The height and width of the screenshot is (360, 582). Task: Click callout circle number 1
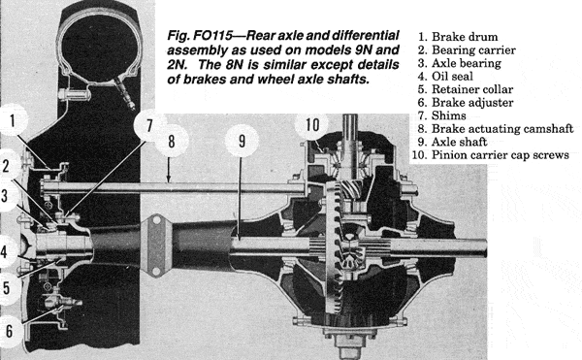click(12, 120)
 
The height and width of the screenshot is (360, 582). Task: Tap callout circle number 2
click(7, 166)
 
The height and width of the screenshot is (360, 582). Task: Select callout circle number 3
click(5, 195)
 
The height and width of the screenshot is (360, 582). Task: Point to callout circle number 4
click(5, 251)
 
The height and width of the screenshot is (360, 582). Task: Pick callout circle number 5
click(7, 288)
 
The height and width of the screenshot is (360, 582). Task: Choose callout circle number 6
click(9, 331)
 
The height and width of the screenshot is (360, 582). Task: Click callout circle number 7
click(149, 125)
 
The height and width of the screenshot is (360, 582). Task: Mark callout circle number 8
click(171, 141)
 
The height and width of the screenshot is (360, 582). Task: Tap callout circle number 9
click(242, 141)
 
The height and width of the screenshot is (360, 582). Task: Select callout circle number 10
click(312, 125)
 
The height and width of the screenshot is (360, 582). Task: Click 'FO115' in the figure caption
click(213, 36)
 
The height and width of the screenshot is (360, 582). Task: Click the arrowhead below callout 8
click(169, 180)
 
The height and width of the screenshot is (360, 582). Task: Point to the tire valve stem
click(124, 93)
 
